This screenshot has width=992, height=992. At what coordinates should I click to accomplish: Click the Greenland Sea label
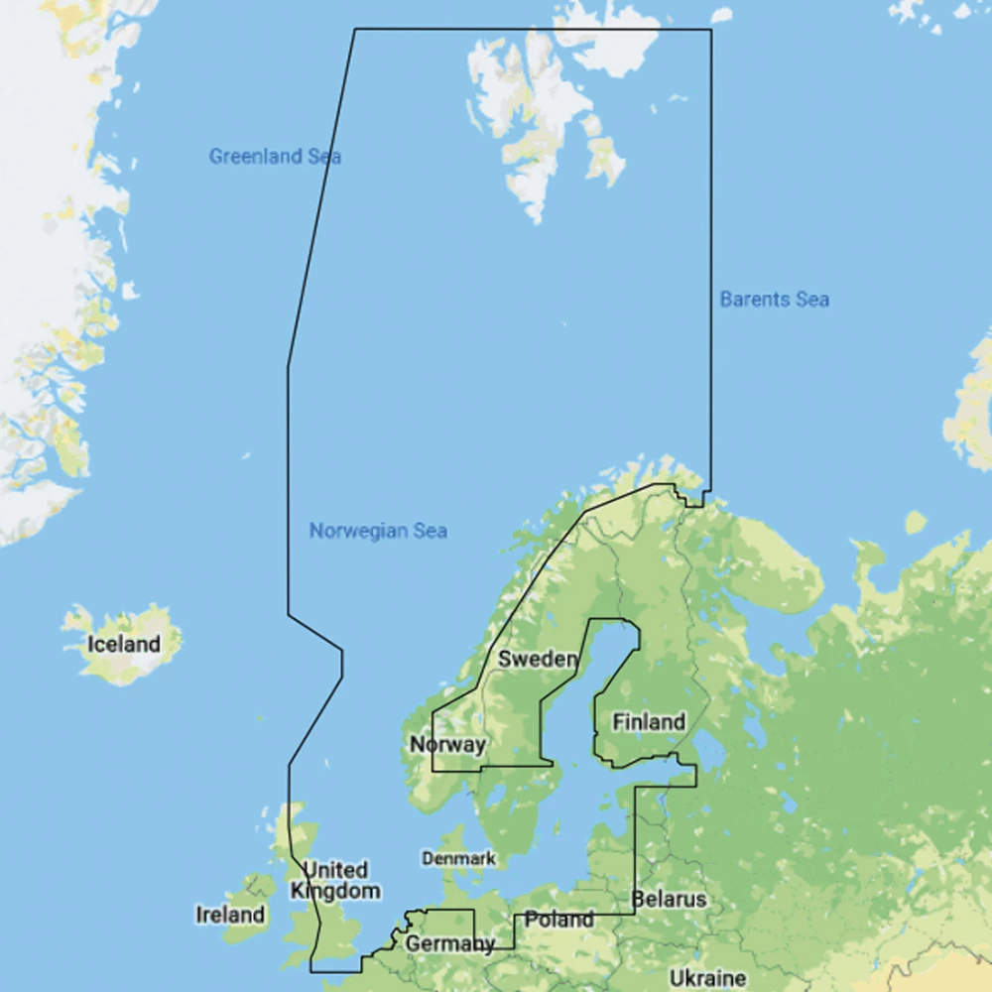(x=275, y=156)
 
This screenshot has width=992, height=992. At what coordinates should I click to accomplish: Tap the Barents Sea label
(x=774, y=299)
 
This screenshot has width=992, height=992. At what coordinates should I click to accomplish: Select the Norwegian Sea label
(x=378, y=531)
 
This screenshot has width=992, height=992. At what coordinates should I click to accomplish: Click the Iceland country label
(x=123, y=644)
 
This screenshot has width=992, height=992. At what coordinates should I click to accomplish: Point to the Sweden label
(x=538, y=660)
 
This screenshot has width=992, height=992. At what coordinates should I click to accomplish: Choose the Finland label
(x=649, y=722)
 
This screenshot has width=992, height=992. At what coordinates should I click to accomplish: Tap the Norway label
(x=447, y=744)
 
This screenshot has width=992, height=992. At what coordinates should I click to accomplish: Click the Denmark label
(x=458, y=858)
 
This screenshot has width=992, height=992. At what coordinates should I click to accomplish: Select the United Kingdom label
(x=335, y=880)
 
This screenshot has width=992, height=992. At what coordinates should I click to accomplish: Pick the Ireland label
(x=230, y=915)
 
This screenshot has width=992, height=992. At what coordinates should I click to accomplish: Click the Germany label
(x=449, y=943)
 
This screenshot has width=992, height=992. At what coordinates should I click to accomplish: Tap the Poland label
(x=559, y=920)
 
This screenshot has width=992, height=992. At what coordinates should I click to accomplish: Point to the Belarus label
(x=670, y=900)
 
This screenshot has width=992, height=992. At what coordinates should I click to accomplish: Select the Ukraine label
(x=707, y=978)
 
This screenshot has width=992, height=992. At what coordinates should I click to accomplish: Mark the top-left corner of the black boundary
(x=355, y=29)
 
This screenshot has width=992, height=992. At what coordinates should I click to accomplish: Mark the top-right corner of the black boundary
(x=710, y=29)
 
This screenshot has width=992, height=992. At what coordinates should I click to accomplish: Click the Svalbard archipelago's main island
(x=526, y=109)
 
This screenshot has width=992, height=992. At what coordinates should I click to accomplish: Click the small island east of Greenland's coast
(x=130, y=291)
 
